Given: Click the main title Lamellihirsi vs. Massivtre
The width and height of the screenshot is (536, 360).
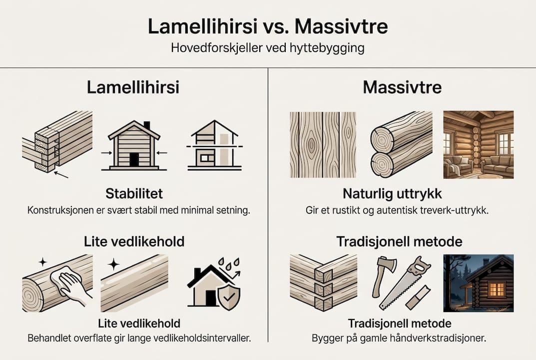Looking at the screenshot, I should pyautogui.click(x=268, y=26).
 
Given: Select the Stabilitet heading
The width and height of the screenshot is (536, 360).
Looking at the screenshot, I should pyautogui.click(x=134, y=193).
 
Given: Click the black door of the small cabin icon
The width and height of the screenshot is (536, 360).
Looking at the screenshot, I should pyautogui.click(x=134, y=159).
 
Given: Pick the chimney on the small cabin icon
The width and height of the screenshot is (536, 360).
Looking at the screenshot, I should pyautogui.click(x=146, y=125).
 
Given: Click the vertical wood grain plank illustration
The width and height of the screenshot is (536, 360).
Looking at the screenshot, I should pyautogui.click(x=323, y=144).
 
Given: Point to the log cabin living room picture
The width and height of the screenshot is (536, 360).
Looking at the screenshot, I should pyautogui.click(x=478, y=144).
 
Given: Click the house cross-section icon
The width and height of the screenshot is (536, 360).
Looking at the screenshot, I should pyautogui.click(x=214, y=145).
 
